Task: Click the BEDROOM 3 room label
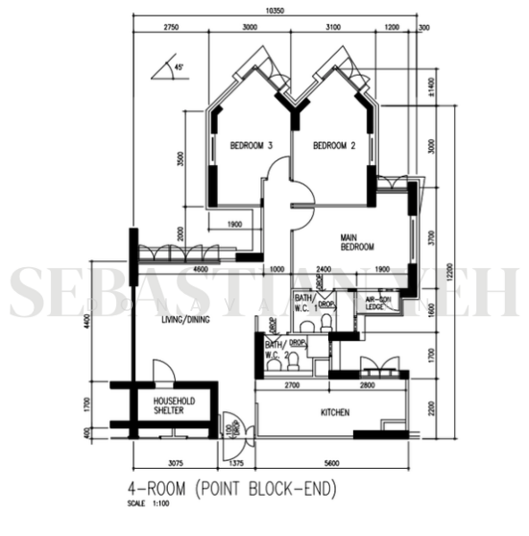251,146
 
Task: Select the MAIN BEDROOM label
357,242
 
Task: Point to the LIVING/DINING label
185,319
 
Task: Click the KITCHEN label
335,413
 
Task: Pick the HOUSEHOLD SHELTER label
168,406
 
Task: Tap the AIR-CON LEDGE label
375,303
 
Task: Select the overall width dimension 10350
275,11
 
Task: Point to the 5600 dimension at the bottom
335,463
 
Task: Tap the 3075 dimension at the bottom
174,463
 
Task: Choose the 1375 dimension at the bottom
237,463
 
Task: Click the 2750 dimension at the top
172,28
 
